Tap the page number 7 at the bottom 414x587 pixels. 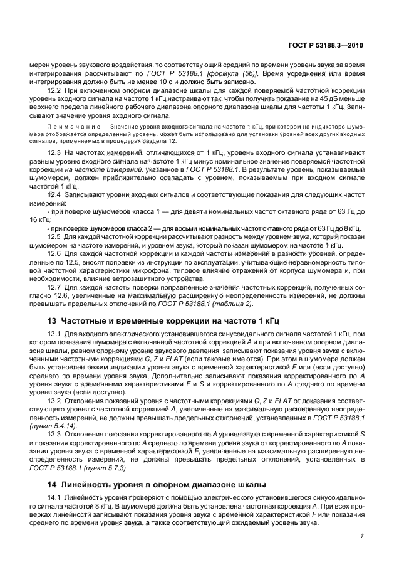[362, 536]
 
